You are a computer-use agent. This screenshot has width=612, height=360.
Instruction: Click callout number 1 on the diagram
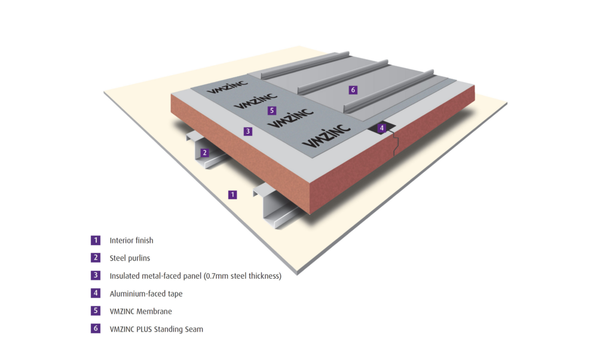[x=232, y=194]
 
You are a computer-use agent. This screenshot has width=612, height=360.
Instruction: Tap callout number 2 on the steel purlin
[x=204, y=152]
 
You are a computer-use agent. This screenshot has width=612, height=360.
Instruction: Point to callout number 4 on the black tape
[x=382, y=127]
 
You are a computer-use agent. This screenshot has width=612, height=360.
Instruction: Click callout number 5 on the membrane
[x=272, y=111]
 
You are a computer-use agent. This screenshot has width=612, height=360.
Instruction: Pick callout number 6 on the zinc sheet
[x=353, y=90]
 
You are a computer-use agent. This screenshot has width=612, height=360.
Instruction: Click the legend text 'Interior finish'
[x=131, y=240]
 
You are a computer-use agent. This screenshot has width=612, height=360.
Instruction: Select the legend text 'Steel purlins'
[x=130, y=258]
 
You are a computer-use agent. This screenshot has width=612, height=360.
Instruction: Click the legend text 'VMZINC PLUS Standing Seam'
[x=156, y=329]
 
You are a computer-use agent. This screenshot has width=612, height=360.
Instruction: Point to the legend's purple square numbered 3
[x=96, y=276]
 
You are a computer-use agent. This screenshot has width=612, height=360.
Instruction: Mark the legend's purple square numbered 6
[x=96, y=329]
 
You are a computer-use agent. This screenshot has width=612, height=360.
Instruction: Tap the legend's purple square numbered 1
[x=96, y=240]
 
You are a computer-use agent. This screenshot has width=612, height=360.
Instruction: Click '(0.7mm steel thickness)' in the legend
[x=239, y=276]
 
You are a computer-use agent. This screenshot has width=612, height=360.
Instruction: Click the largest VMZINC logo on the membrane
[x=323, y=138]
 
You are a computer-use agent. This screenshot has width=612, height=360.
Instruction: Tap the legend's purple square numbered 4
[x=96, y=294]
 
